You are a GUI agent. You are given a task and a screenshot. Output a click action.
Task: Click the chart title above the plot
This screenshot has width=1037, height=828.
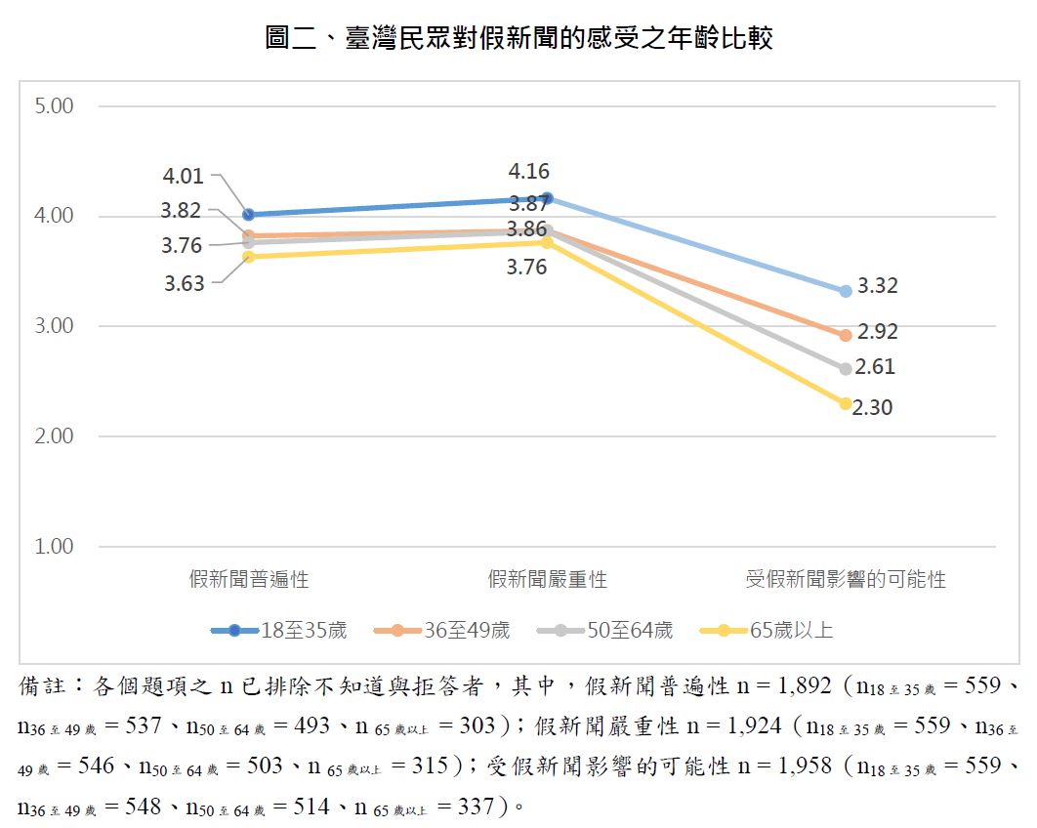click(518, 39)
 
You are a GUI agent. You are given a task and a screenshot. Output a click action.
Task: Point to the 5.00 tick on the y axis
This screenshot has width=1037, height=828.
click(54, 105)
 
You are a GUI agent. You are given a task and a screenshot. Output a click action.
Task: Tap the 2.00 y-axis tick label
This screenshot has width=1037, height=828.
click(54, 436)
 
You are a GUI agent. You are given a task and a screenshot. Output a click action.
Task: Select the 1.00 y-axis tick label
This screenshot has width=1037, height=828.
click(54, 547)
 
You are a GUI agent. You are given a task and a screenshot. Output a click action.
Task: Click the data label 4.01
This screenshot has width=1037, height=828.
click(184, 177)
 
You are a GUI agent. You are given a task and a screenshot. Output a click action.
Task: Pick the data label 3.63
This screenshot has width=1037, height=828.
click(184, 284)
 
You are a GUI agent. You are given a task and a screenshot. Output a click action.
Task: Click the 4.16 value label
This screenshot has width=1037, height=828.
click(529, 173)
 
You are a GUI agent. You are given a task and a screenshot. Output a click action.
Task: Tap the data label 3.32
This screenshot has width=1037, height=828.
click(877, 287)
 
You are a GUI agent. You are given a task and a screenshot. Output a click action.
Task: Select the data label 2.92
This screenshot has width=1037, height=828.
click(877, 332)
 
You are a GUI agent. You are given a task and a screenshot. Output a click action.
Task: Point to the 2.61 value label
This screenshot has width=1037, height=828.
click(875, 368)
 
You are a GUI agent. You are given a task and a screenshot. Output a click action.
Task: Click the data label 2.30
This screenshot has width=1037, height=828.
click(872, 408)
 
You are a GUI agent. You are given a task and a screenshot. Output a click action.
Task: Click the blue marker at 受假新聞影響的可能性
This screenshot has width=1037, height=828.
click(846, 291)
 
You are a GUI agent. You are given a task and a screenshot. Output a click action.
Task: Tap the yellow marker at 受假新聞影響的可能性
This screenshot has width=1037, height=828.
click(846, 403)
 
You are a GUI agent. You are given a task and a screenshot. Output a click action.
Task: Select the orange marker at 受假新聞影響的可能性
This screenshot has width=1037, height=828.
click(846, 335)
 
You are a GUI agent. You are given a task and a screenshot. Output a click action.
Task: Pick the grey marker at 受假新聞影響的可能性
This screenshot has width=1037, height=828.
click(846, 369)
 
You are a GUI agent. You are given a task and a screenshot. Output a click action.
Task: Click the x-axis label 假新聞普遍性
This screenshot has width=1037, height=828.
click(249, 580)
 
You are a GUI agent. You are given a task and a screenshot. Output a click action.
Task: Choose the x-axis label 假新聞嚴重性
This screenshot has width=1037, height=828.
click(548, 580)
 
